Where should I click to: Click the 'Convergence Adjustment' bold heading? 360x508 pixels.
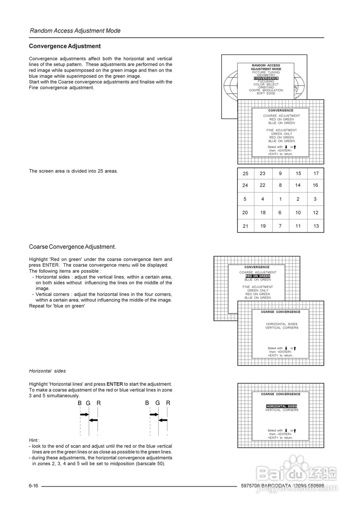65,46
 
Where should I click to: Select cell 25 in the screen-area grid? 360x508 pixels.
245,173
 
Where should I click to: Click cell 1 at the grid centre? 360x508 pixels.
280,199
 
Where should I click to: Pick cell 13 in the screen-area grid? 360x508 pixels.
316,226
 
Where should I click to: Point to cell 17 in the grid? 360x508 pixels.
316,173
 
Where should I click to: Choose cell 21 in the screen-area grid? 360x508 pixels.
245,226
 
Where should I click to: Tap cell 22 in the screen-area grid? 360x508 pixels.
263,185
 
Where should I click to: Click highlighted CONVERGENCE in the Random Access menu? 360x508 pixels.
266,79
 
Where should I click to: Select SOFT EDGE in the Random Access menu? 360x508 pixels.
266,94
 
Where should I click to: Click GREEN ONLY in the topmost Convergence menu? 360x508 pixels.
281,134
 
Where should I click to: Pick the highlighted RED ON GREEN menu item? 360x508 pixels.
258,276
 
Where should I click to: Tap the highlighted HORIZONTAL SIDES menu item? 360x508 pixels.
282,406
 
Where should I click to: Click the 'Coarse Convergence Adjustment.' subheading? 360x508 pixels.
72,247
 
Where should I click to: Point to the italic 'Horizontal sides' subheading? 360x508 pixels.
47,371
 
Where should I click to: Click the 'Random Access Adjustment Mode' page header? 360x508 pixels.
75,31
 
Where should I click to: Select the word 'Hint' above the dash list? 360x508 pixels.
34,441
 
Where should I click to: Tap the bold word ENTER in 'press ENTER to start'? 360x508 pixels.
115,384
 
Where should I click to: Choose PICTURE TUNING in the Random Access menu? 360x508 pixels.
266,72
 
